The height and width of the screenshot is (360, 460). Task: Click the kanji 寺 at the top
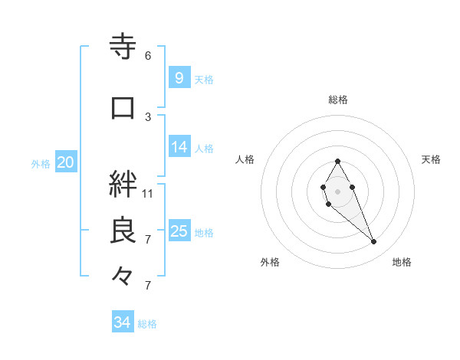click(123, 47)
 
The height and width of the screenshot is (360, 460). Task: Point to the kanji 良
click(123, 231)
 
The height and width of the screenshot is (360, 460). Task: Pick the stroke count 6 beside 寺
click(148, 56)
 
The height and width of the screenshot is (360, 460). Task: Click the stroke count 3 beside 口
click(148, 116)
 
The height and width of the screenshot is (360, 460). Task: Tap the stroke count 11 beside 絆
click(148, 193)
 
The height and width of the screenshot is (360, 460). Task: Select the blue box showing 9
click(179, 77)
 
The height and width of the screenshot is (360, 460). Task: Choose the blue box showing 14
click(179, 147)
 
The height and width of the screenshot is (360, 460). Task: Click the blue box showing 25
click(179, 231)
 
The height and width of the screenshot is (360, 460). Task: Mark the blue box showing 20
click(65, 162)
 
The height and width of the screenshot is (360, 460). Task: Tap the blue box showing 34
click(122, 322)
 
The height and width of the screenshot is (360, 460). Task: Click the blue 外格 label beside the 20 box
click(41, 163)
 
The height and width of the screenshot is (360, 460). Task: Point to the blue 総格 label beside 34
click(147, 324)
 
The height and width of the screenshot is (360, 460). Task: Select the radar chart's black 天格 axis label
click(431, 159)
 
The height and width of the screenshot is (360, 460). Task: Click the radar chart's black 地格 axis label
click(402, 262)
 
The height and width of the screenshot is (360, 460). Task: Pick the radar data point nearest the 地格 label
click(373, 242)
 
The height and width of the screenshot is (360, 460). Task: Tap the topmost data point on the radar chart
click(337, 161)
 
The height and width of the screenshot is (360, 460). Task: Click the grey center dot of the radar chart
click(337, 190)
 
